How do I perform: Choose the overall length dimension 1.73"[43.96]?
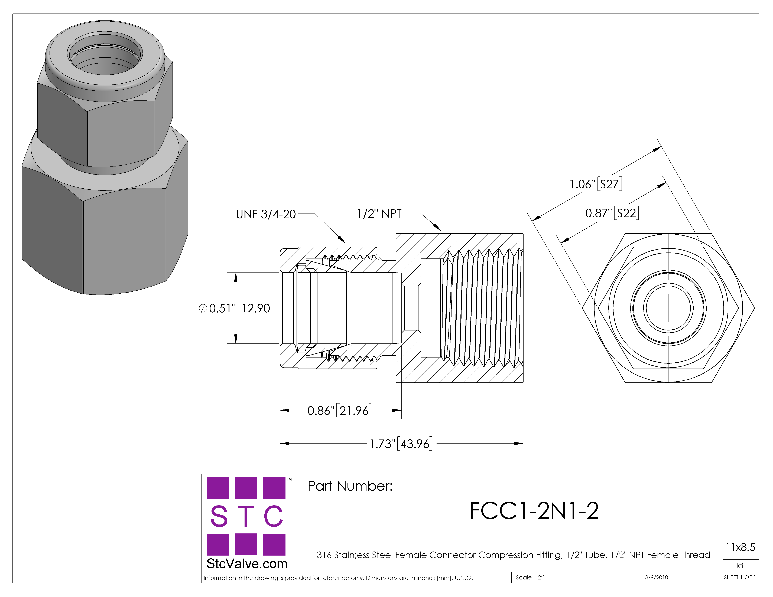click(x=400, y=444)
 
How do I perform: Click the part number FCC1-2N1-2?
click(x=534, y=511)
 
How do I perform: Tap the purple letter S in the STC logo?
click(x=219, y=516)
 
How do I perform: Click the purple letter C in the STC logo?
click(x=274, y=516)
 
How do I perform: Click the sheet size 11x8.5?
click(x=740, y=547)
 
